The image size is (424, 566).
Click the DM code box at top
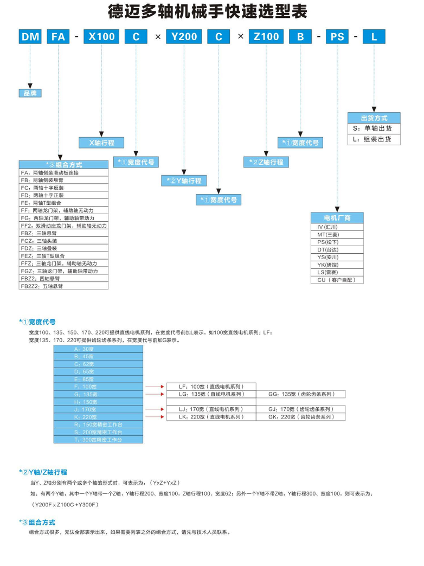coord(30,36)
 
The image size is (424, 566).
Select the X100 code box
coord(101,36)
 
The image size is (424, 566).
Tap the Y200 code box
coord(183,36)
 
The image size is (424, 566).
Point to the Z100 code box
coord(266,36)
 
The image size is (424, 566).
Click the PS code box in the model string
coord(337,36)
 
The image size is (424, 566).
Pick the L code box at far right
coord(374,36)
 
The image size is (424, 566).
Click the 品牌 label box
coord(30,93)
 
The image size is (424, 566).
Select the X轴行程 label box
coord(101,143)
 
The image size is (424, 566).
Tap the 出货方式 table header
coord(374,118)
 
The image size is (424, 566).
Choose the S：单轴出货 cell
coord(374,128)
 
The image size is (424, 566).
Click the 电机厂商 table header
coord(337,217)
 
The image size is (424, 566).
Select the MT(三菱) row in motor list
coord(337,234)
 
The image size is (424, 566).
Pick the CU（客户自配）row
coord(337,280)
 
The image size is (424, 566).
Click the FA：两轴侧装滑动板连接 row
coord(64,172)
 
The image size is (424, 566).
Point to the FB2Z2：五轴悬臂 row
coord(64,286)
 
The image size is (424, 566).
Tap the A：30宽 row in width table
coord(98,349)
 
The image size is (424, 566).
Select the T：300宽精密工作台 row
coord(98,440)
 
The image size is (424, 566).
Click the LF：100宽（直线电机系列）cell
coord(211,387)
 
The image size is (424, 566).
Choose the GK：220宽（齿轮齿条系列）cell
coord(300,417)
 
